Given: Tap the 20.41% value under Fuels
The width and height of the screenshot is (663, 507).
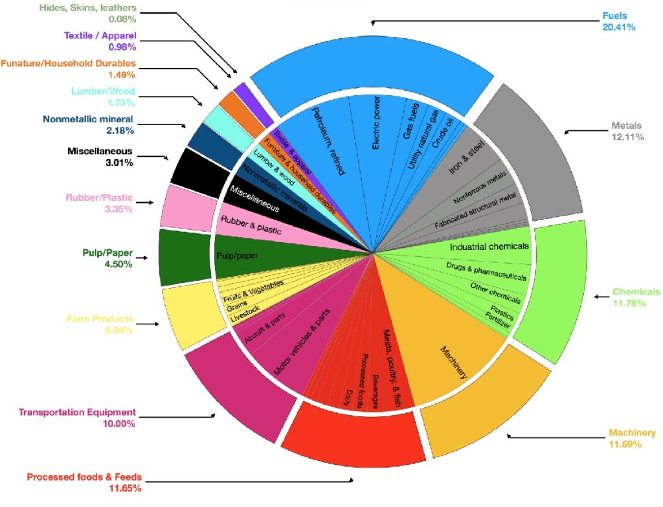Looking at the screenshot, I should (x=618, y=27).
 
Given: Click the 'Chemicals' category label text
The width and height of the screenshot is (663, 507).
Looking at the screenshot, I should (x=636, y=291).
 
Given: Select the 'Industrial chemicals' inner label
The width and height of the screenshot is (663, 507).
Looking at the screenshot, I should (x=489, y=247).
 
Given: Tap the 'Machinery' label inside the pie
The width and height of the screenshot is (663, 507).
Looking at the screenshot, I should (x=454, y=363).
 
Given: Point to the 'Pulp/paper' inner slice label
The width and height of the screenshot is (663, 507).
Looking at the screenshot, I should (x=238, y=256).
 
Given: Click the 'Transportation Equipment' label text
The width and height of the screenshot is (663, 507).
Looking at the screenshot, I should (x=77, y=412).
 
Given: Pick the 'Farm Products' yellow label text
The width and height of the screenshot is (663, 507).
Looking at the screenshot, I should (x=100, y=319).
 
